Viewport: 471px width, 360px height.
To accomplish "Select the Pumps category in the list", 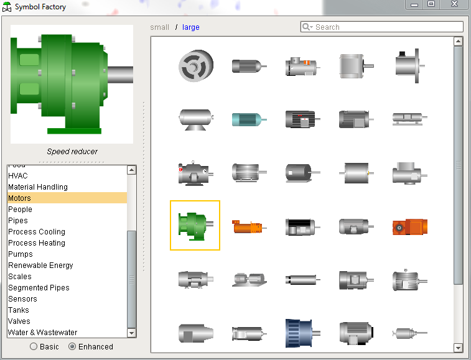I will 21,254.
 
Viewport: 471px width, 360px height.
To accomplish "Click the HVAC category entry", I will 18,176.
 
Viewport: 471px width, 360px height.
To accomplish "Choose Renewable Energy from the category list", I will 40,265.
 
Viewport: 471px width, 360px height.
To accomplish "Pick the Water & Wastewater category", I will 43,333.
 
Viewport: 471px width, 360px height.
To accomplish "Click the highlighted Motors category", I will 19,198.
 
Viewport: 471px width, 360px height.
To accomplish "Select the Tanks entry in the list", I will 19,310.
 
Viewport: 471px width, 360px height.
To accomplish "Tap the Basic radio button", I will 34,347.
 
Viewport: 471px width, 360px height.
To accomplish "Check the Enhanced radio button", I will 72,347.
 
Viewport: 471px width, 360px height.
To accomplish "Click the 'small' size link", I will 160,27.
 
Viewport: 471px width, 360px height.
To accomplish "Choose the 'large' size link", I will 191,27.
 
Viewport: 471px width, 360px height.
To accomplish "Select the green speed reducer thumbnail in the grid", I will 195,226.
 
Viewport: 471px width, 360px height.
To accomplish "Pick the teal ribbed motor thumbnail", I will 249,118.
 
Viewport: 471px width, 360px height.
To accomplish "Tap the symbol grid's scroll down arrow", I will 459,348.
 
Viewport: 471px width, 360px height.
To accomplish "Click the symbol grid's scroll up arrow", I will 459,42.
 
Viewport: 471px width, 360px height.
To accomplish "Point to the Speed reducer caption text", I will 72,152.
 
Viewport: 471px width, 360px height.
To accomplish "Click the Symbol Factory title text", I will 40,7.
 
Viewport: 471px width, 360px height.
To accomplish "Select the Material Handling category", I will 38,187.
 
